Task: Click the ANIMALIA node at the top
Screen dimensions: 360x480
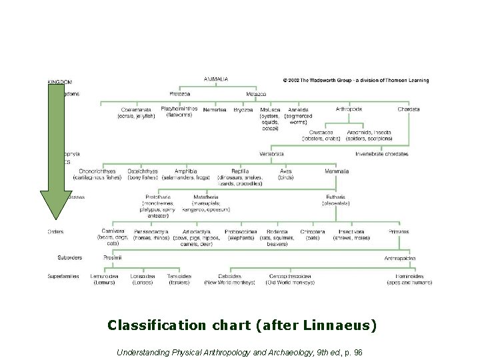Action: pos(216,79)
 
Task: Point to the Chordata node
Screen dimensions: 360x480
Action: pos(408,109)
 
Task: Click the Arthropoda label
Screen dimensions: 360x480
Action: pos(349,109)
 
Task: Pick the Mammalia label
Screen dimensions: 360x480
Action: pos(337,171)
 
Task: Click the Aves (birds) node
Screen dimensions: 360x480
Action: pos(286,175)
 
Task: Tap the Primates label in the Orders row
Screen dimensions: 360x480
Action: pos(399,231)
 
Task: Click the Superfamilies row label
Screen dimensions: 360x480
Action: pos(63,276)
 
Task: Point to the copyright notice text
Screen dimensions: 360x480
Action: pos(356,81)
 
